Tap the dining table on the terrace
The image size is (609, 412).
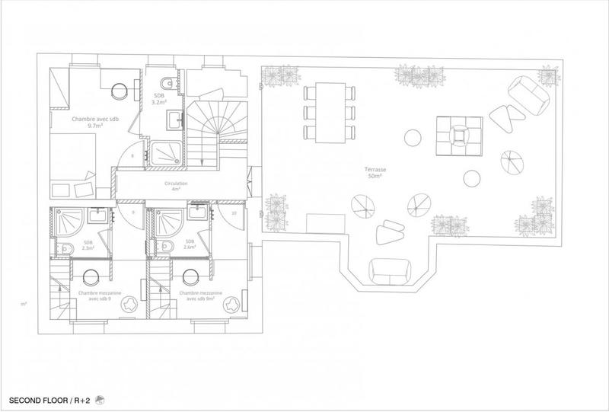[329, 112]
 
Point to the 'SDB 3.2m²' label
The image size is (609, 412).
[159, 98]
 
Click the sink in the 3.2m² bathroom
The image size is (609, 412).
[177, 118]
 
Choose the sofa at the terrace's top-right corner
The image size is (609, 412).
[528, 93]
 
